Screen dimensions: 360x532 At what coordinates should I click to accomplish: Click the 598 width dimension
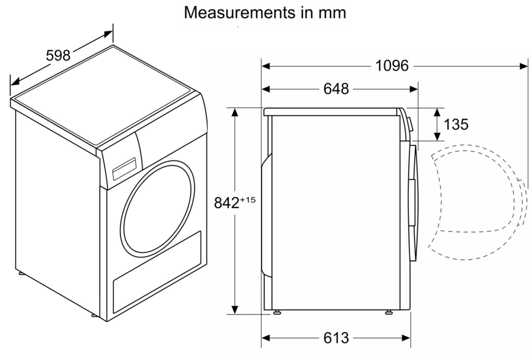pyautogui.click(x=58, y=55)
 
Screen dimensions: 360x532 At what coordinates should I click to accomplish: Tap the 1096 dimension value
pyautogui.click(x=392, y=66)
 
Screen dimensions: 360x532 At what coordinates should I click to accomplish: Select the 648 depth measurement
pyautogui.click(x=336, y=89)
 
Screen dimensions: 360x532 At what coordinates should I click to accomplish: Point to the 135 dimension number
pyautogui.click(x=456, y=124)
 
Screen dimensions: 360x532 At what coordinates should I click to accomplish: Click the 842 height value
pyautogui.click(x=226, y=203)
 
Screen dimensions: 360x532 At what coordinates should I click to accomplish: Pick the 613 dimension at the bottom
pyautogui.click(x=336, y=338)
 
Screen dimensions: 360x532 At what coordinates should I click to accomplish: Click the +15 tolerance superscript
pyautogui.click(x=248, y=200)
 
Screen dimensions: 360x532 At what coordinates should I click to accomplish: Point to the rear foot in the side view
pyautogui.click(x=277, y=312)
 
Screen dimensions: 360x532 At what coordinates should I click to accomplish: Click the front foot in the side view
pyautogui.click(x=388, y=312)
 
